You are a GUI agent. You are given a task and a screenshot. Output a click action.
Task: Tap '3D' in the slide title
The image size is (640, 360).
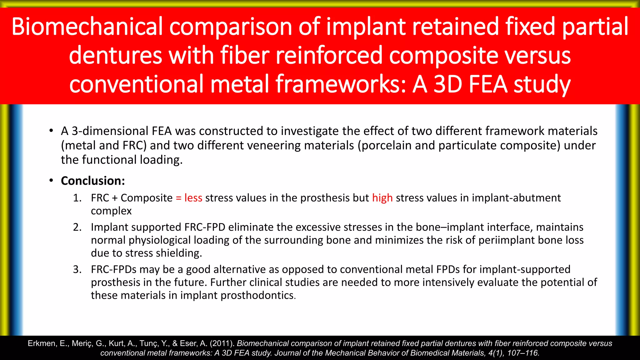[x=448, y=84]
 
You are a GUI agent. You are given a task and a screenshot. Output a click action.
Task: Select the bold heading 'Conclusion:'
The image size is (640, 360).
[x=93, y=181]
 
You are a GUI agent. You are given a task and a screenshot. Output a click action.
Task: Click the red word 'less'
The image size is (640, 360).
[x=193, y=198]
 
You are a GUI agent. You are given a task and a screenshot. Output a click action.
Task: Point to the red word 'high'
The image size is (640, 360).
[x=382, y=198]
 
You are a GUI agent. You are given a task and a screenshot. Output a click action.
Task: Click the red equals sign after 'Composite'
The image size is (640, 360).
[x=178, y=198]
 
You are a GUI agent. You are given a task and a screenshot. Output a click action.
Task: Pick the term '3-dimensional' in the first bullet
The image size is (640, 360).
[x=110, y=131]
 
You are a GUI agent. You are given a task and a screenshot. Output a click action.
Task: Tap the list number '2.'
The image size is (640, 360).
[x=77, y=227]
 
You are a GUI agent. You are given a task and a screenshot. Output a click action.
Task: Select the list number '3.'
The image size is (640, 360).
[x=77, y=269]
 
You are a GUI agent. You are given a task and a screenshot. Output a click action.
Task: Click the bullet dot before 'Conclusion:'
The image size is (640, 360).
[x=51, y=181]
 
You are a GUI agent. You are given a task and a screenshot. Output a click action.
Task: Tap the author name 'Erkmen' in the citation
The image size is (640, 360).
[x=42, y=343]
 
